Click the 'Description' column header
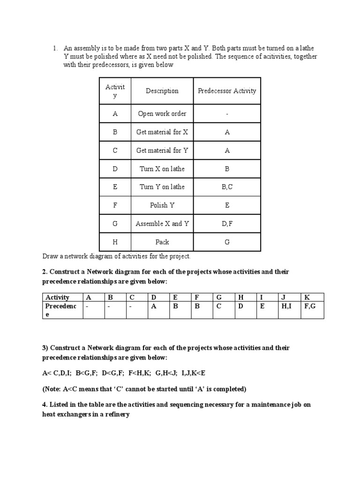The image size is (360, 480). (x=162, y=91)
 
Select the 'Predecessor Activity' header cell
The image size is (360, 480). (x=227, y=91)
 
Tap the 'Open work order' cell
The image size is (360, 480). (x=162, y=114)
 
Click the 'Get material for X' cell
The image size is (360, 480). (x=162, y=132)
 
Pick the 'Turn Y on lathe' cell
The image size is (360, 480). (x=162, y=187)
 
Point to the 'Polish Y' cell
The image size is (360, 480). (x=162, y=205)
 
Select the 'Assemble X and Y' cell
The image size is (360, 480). (x=162, y=224)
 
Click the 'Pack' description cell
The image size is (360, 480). (x=162, y=242)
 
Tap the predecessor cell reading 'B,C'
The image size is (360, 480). (x=227, y=187)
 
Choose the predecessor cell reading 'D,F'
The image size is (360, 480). (x=227, y=224)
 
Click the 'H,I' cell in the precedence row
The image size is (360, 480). (x=286, y=306)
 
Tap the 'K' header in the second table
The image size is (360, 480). (x=307, y=297)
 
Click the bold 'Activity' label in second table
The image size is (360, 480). (x=57, y=297)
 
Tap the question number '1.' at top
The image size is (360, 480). (x=55, y=48)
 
